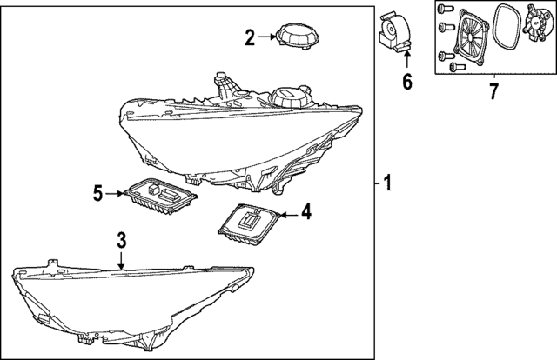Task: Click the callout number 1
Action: [387, 183]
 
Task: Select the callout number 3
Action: [122, 240]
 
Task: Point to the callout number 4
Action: [306, 211]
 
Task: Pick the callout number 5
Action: [97, 193]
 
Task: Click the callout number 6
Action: [407, 81]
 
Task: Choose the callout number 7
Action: [493, 91]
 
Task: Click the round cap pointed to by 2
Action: [297, 37]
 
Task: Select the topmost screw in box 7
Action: [445, 8]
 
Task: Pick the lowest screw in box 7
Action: [458, 66]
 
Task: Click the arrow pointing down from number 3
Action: [122, 260]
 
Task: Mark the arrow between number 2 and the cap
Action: [267, 37]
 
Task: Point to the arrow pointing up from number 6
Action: [407, 59]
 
